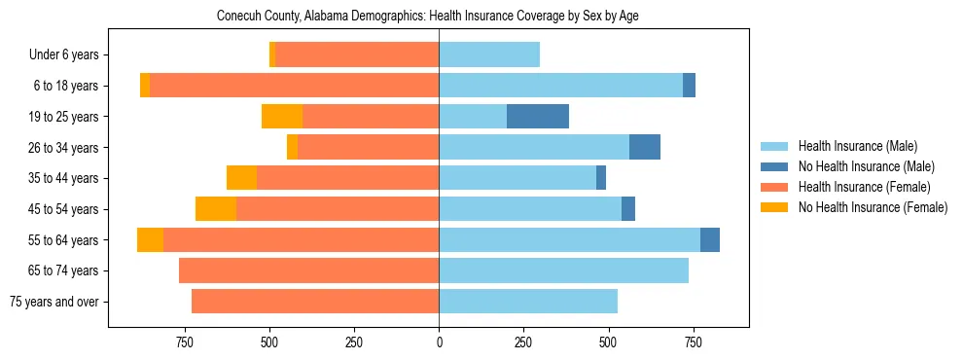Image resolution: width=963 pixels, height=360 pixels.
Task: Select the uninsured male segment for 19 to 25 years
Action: pyautogui.click(x=538, y=117)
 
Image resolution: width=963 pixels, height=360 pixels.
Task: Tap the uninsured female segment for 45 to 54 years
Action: pyautogui.click(x=216, y=209)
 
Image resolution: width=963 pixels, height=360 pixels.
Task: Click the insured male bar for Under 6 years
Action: pyautogui.click(x=489, y=55)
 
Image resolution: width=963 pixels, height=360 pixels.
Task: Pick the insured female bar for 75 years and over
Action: pyautogui.click(x=315, y=302)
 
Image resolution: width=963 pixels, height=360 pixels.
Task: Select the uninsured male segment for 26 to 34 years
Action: pyautogui.click(x=645, y=148)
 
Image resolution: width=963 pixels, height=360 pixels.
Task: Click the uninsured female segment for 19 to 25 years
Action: pyautogui.click(x=282, y=117)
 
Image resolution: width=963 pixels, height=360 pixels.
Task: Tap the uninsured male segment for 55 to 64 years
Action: pyautogui.click(x=710, y=240)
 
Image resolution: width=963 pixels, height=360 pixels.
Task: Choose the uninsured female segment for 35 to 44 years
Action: pyautogui.click(x=241, y=178)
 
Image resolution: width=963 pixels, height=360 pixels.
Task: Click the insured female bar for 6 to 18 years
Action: pyautogui.click(x=295, y=86)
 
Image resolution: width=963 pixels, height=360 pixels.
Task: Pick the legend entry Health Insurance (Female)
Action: pyautogui.click(x=864, y=187)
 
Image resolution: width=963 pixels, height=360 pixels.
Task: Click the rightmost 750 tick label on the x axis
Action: pyautogui.click(x=693, y=342)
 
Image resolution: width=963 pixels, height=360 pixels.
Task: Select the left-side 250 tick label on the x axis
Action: pyautogui.click(x=354, y=342)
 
